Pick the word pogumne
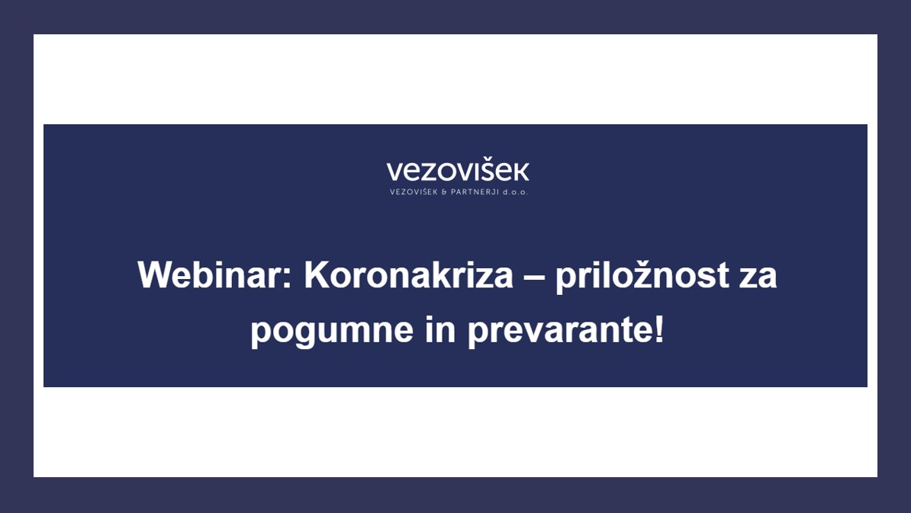[332, 331]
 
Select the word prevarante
[561, 331]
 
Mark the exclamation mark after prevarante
[659, 329]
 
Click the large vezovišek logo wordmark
[458, 171]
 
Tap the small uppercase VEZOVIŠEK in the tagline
[413, 191]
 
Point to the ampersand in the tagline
[444, 192]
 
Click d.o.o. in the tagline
[515, 192]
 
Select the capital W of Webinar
[155, 274]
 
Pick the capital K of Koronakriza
[317, 274]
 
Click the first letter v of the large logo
[395, 173]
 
